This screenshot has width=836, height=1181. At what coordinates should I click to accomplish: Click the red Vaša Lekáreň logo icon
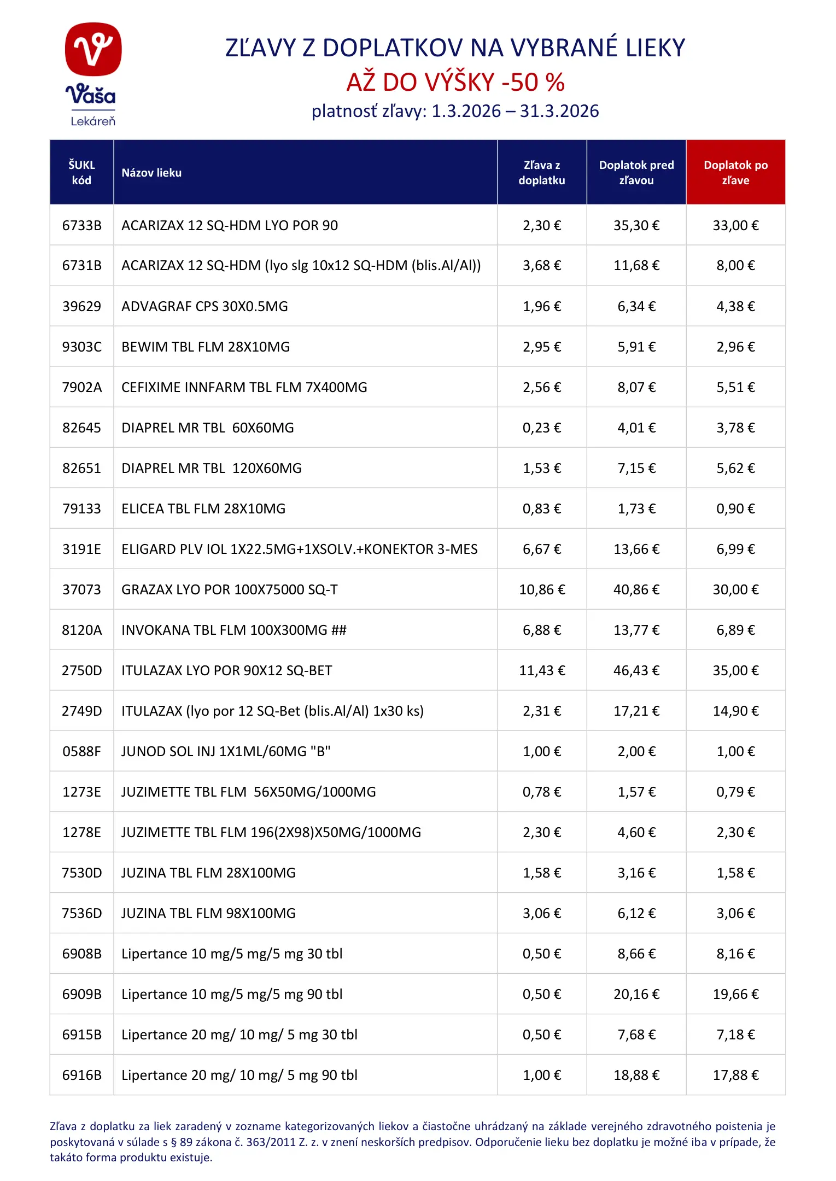(x=93, y=49)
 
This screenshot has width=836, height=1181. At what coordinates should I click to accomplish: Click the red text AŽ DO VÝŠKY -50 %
(x=455, y=83)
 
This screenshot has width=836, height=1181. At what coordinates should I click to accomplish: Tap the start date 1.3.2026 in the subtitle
(x=466, y=112)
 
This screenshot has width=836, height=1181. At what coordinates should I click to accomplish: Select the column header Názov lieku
(x=151, y=173)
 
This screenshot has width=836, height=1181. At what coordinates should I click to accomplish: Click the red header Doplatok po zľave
(x=735, y=173)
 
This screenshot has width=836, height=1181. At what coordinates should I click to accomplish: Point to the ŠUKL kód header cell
(x=81, y=173)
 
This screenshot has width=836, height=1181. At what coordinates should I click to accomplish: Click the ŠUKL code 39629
(x=81, y=306)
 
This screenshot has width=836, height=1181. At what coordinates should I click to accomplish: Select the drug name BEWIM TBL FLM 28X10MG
(x=206, y=347)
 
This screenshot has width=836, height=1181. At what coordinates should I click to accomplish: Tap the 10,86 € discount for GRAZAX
(x=542, y=589)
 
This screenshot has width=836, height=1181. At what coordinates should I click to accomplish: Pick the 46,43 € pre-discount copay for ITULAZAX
(x=636, y=670)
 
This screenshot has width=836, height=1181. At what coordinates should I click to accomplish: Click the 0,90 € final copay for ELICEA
(x=735, y=508)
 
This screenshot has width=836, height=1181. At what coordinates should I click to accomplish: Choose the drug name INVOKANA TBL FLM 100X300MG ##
(x=234, y=630)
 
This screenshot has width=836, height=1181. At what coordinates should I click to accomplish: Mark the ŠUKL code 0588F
(x=81, y=751)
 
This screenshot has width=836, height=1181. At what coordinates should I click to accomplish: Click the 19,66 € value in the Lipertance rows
(x=735, y=994)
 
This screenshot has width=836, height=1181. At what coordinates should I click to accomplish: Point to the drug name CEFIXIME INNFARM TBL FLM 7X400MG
(x=244, y=387)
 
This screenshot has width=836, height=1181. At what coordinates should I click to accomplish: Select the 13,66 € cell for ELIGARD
(x=636, y=549)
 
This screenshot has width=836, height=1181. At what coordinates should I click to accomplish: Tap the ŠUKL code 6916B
(x=81, y=1075)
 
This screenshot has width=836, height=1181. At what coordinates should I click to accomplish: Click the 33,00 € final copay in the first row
(x=735, y=225)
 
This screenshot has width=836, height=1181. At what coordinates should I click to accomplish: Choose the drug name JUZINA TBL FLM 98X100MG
(x=208, y=913)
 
